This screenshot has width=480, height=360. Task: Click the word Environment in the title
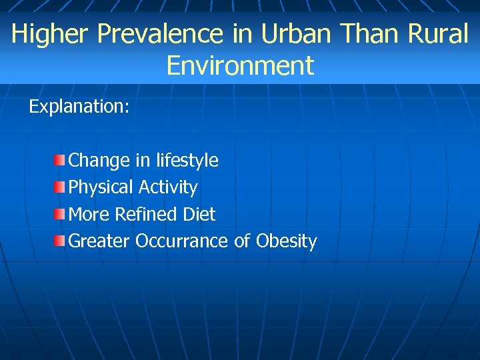point(240,66)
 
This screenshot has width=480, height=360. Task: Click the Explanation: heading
point(79,107)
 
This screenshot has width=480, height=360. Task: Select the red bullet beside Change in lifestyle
point(60,160)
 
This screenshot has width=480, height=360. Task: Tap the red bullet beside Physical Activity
point(60,187)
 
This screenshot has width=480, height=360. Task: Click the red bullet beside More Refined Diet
point(60,214)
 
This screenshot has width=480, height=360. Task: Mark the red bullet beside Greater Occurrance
point(60,241)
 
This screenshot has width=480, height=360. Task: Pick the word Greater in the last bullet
point(99,241)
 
